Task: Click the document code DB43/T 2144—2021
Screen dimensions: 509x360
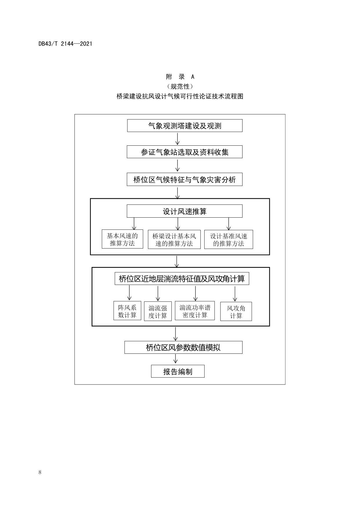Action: [65, 44]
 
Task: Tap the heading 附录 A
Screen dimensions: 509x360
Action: [180, 77]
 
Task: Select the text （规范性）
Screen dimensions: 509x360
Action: [180, 86]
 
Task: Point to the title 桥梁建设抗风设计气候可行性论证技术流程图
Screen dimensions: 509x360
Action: [180, 96]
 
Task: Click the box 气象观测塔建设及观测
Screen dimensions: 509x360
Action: [185, 126]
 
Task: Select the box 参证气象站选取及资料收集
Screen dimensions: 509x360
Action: [184, 152]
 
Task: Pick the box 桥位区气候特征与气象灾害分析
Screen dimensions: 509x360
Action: [184, 180]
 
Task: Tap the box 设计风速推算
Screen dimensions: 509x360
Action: [184, 211]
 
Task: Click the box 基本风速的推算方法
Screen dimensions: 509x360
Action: [122, 239]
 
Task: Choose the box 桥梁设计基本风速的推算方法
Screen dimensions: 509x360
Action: [174, 240]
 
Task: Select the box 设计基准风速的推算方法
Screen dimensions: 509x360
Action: [229, 240]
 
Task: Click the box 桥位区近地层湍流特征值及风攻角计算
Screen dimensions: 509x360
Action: [182, 279]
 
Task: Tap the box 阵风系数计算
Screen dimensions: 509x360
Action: [127, 311]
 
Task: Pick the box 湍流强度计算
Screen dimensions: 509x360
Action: [158, 311]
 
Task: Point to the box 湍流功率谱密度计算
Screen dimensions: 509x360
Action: [195, 311]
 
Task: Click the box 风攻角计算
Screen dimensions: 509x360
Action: [236, 312]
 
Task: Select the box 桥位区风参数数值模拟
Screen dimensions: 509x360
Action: [183, 347]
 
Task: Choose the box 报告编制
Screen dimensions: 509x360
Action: [178, 371]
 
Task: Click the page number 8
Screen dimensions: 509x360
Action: [40, 472]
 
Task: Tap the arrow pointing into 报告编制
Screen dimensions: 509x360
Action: [175, 359]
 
